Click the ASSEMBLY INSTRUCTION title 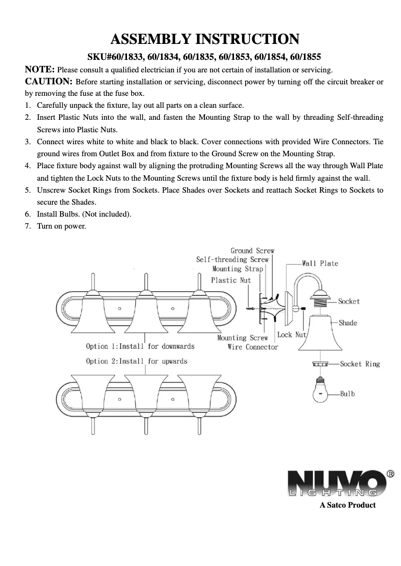(204, 39)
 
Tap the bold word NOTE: (39, 69)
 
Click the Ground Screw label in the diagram (252, 251)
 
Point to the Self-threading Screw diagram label (232, 260)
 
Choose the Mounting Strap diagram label (237, 269)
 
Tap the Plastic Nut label (230, 280)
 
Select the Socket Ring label (359, 364)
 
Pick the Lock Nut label (291, 334)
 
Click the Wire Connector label (252, 346)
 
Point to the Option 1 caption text (140, 346)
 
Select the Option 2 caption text (136, 361)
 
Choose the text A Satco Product (347, 505)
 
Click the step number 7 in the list (28, 226)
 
